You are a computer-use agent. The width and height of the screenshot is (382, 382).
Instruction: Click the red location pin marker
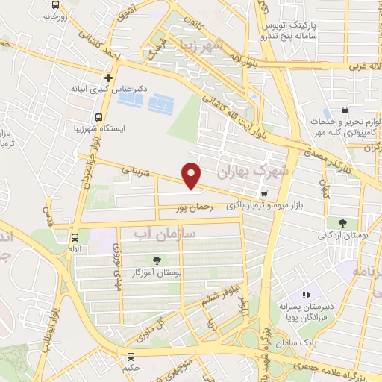click(192, 175)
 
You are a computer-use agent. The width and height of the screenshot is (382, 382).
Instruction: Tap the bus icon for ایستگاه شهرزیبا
click(98, 116)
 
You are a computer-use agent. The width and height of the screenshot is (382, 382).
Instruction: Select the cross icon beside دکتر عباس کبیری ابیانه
click(109, 76)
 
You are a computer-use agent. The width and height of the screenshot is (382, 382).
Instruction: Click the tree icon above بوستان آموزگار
click(157, 260)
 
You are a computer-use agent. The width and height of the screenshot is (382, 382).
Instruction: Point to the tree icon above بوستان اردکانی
click(342, 222)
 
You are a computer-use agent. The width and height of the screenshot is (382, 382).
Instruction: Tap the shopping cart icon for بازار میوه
click(264, 193)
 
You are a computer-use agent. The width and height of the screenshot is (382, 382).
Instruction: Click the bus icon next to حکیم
click(131, 357)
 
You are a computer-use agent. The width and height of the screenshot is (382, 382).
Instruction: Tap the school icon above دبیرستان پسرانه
click(305, 295)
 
